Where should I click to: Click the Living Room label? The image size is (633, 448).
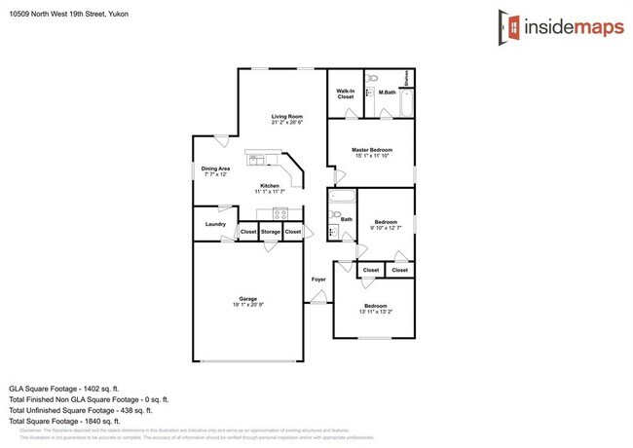tap(287, 117)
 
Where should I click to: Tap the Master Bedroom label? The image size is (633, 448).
tap(372, 149)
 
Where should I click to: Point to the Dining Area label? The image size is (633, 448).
tap(215, 168)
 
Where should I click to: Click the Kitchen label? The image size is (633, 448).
tap(270, 186)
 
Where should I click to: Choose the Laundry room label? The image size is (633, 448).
tap(215, 224)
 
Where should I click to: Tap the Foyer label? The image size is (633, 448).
tap(318, 280)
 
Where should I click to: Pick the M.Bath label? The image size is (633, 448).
tap(388, 93)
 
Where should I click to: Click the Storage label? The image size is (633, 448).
tap(270, 232)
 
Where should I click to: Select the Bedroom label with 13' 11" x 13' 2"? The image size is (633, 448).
tap(375, 305)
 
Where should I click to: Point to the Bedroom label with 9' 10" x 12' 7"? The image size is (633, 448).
tap(387, 222)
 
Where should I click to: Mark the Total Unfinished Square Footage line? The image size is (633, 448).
tap(89, 409)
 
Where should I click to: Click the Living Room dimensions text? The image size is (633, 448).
tap(287, 123)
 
